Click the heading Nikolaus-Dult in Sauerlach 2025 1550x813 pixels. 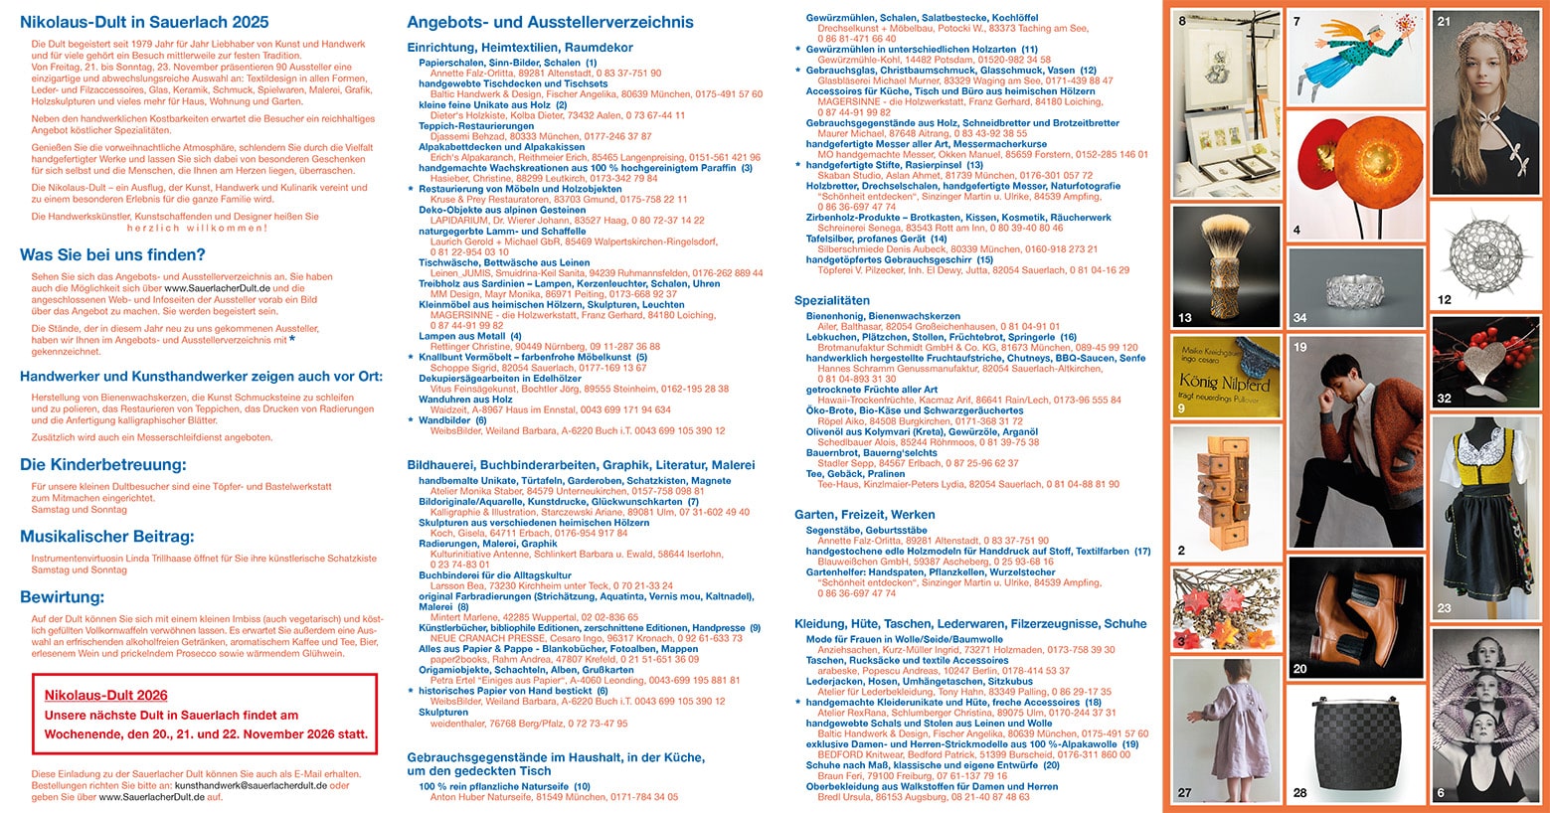point(144,22)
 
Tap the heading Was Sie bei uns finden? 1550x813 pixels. point(112,254)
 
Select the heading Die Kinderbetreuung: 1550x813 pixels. point(103,464)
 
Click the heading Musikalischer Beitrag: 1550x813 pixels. point(107,537)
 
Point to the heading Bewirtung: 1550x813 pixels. point(62,597)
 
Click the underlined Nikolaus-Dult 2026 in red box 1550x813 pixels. point(105,696)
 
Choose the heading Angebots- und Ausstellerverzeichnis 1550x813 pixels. point(550,22)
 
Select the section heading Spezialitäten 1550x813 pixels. point(832,300)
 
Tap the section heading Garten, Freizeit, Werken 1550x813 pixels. point(864,515)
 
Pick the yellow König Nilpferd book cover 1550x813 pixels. point(1223,378)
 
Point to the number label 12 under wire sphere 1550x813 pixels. point(1445,299)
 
